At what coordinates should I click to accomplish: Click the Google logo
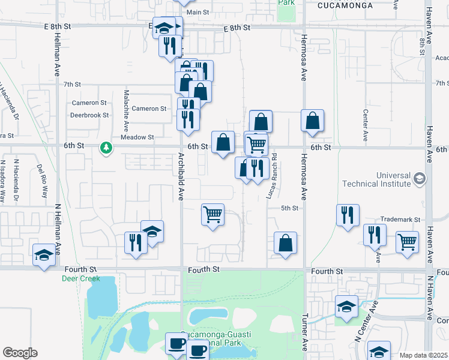click(20, 353)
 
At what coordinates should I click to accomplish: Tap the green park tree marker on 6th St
click(106, 147)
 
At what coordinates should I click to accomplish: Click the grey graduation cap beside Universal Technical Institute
click(419, 179)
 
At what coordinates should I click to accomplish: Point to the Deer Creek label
click(80, 278)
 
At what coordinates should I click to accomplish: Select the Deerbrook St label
click(89, 115)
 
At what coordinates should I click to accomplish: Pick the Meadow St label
click(137, 137)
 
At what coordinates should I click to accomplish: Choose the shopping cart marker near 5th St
click(213, 214)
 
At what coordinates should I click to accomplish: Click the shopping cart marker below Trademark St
click(408, 242)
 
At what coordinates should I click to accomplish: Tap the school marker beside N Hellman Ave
click(44, 255)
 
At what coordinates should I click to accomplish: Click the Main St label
click(197, 12)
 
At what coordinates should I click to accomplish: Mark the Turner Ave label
click(306, 333)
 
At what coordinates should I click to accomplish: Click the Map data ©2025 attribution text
click(423, 355)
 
